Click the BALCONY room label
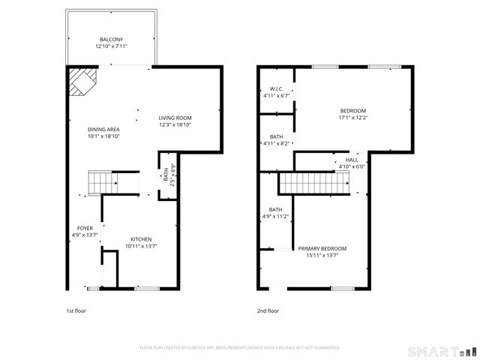[x=111, y=40]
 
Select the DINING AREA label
[x=104, y=130]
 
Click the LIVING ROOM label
[x=175, y=118]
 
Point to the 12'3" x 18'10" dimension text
[x=175, y=125]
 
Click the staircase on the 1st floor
[x=103, y=181]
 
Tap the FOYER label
[x=85, y=228]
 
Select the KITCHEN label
[x=141, y=238]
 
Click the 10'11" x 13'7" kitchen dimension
[x=141, y=246]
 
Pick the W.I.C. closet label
[x=275, y=88]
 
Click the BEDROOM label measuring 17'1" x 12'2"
[x=352, y=110]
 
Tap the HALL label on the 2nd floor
[x=352, y=160]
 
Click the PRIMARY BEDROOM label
[x=322, y=248]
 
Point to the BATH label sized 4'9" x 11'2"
[x=275, y=209]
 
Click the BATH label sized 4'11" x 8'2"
[x=275, y=136]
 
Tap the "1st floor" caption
[x=76, y=310]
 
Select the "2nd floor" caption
[x=268, y=310]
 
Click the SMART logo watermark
[x=442, y=350]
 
